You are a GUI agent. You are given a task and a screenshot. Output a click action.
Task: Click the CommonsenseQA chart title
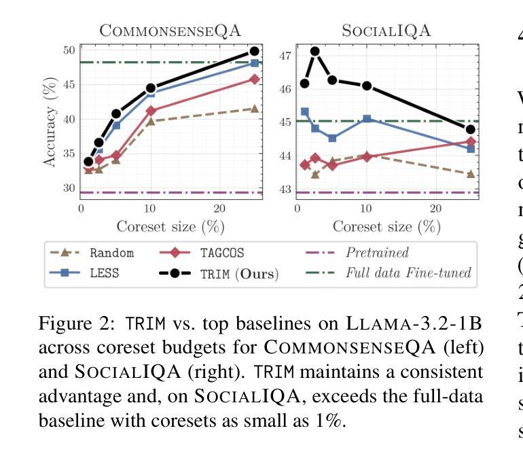(x=170, y=30)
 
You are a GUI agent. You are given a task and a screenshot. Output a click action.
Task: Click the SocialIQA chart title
(x=386, y=30)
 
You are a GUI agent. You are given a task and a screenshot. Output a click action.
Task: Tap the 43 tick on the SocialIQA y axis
(x=285, y=189)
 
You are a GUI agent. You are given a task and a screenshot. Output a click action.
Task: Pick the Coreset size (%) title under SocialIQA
(x=386, y=226)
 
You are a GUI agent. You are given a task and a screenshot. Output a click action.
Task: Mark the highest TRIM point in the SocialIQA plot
(x=315, y=51)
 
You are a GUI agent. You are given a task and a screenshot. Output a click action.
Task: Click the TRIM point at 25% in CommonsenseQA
(x=255, y=51)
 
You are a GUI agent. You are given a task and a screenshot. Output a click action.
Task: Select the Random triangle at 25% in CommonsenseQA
(x=255, y=109)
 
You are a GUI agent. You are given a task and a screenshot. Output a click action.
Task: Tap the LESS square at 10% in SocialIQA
(x=367, y=119)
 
